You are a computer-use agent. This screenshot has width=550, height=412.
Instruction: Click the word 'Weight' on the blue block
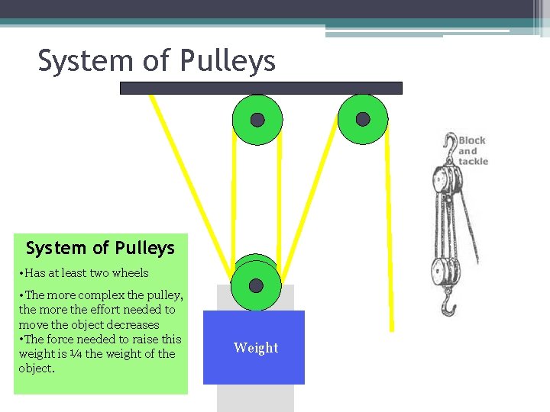click(x=256, y=348)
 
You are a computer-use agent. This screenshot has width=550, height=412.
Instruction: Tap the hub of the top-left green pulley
click(x=257, y=120)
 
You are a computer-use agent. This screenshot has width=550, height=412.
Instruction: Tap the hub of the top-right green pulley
click(x=363, y=119)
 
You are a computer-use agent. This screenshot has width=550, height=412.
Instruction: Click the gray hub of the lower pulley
click(x=256, y=285)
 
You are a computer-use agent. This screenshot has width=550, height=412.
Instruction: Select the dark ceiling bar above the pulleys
click(x=260, y=88)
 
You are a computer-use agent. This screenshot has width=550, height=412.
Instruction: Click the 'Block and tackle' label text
click(x=472, y=151)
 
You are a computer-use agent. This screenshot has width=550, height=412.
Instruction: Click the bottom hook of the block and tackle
click(x=449, y=307)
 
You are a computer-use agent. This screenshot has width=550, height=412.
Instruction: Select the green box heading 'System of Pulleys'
click(x=100, y=248)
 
